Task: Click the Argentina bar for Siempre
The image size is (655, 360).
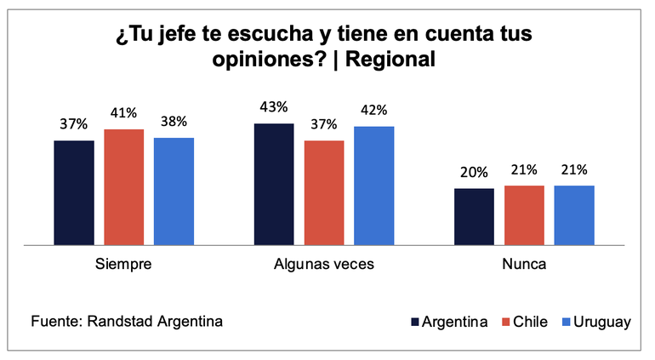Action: pyautogui.click(x=74, y=193)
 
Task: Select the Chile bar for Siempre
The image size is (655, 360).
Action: pyautogui.click(x=124, y=187)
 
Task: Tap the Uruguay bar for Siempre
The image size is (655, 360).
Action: pyautogui.click(x=174, y=191)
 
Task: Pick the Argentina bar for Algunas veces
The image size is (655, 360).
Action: pyautogui.click(x=274, y=185)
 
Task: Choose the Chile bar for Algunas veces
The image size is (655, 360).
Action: pyautogui.click(x=324, y=193)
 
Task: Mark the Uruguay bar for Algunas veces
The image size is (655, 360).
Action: pyautogui.click(x=373, y=186)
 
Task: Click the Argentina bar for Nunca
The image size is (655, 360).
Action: pyautogui.click(x=474, y=217)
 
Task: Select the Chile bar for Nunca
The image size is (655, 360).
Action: pyautogui.click(x=524, y=215)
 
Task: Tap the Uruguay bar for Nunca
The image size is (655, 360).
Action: pyautogui.click(x=574, y=215)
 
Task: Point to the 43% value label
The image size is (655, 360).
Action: pyautogui.click(x=274, y=107)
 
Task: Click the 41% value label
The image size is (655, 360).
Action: pyautogui.click(x=124, y=112)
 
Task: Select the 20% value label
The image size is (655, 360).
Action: pyautogui.click(x=474, y=172)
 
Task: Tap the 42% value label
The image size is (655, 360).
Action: pyautogui.click(x=373, y=110)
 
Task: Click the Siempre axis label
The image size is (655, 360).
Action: pyautogui.click(x=124, y=265)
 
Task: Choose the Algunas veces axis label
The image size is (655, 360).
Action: pyautogui.click(x=324, y=265)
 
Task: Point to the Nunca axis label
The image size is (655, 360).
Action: pyautogui.click(x=524, y=265)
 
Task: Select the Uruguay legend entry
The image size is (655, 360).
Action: pyautogui.click(x=596, y=322)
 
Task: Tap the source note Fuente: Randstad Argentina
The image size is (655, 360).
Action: pyautogui.click(x=128, y=322)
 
